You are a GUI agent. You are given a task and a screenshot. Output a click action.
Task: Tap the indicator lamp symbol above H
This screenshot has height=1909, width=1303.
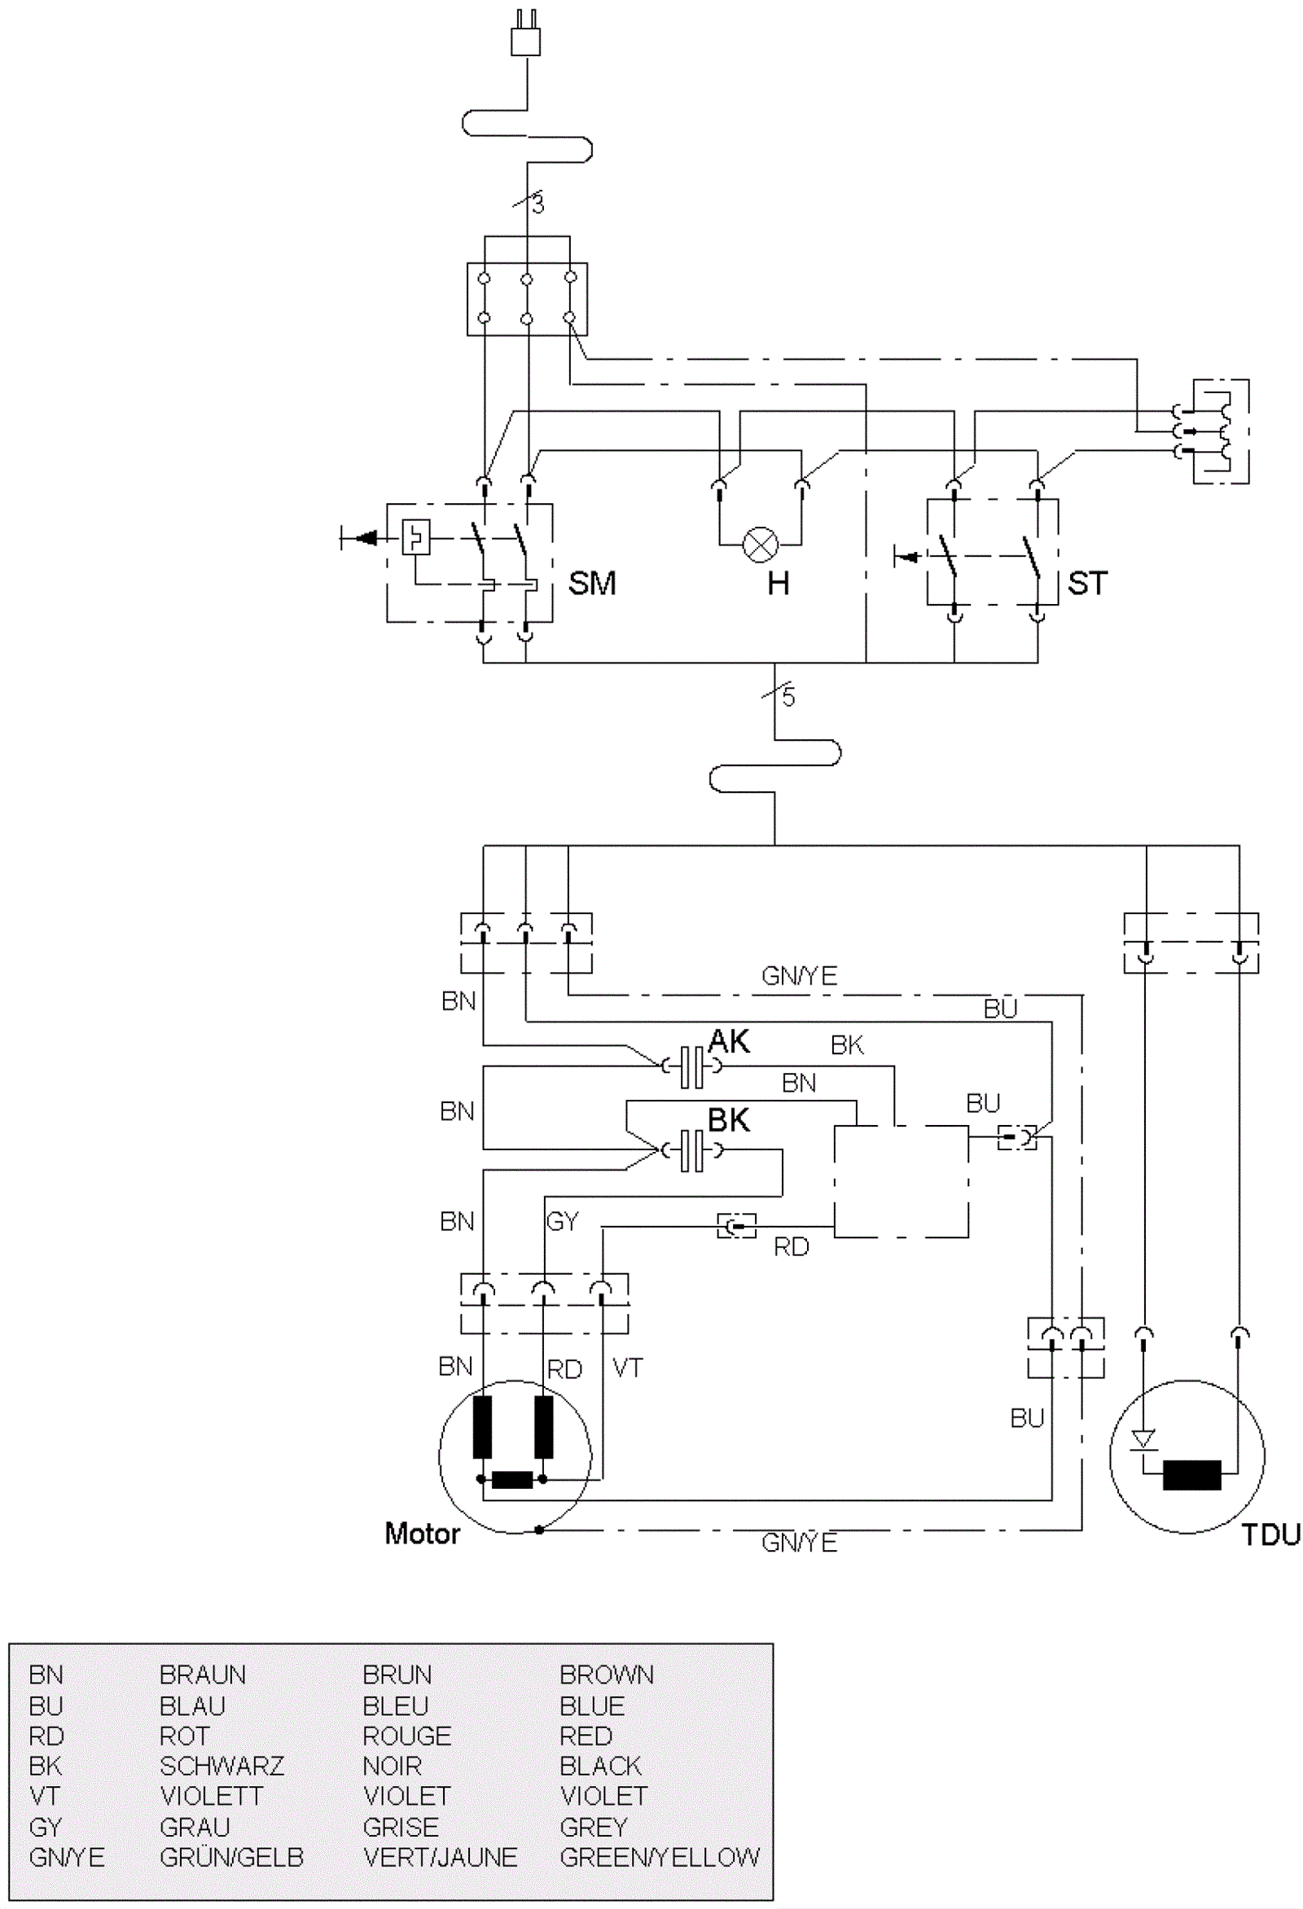pyautogui.click(x=760, y=545)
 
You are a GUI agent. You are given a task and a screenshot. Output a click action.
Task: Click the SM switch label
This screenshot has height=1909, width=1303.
pyautogui.click(x=591, y=583)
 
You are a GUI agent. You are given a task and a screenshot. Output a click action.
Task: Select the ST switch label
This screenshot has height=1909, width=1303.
pyautogui.click(x=1087, y=583)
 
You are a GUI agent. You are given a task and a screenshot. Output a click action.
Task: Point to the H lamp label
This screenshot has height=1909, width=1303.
pyautogui.click(x=778, y=584)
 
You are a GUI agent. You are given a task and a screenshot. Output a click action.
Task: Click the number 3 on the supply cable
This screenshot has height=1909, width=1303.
pyautogui.click(x=538, y=204)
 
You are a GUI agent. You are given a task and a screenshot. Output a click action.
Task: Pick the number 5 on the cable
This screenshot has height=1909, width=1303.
pyautogui.click(x=788, y=698)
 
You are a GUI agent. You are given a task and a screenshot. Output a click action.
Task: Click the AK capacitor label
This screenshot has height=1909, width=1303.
pyautogui.click(x=729, y=1040)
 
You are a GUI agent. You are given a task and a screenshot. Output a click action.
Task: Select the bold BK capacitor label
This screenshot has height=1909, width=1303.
pyautogui.click(x=729, y=1119)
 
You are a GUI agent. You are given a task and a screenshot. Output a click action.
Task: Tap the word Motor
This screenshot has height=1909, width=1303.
pyautogui.click(x=423, y=1534)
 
